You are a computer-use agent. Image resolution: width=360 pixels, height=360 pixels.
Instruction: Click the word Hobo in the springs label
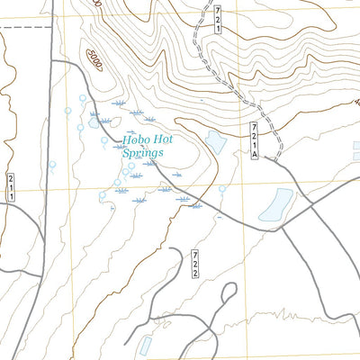(136, 140)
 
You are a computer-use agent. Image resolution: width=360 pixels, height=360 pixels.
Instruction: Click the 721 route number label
(216, 18)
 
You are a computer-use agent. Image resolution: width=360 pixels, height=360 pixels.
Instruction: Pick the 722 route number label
(195, 265)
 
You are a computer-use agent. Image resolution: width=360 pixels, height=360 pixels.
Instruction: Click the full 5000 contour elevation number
(96, 60)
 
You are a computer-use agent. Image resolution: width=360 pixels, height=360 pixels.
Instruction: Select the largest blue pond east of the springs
(275, 205)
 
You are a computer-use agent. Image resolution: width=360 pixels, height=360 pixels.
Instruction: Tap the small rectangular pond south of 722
(146, 345)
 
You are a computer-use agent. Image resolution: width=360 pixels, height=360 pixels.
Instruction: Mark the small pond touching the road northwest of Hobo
(94, 119)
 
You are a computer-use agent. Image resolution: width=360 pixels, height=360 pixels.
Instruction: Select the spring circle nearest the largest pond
(222, 189)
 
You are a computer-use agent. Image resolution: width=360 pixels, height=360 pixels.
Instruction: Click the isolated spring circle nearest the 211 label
(52, 164)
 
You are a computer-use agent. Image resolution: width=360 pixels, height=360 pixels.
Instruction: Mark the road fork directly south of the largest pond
(281, 227)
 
